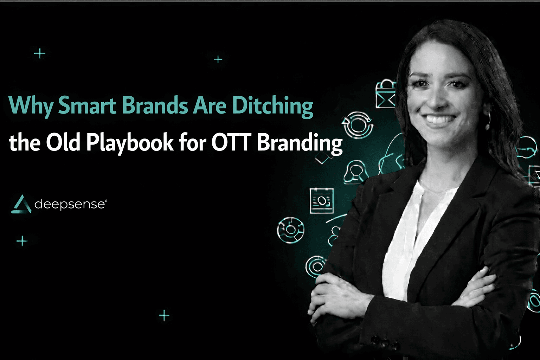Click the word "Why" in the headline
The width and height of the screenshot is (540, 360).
[x=31, y=105]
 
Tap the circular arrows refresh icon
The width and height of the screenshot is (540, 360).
[x=358, y=125]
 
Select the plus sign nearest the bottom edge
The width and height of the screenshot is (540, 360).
[x=164, y=315]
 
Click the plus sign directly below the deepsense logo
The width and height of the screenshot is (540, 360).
[x=22, y=241]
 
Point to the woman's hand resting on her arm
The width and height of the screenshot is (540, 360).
[x=337, y=295]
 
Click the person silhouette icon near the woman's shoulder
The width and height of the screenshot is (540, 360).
[x=356, y=172]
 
